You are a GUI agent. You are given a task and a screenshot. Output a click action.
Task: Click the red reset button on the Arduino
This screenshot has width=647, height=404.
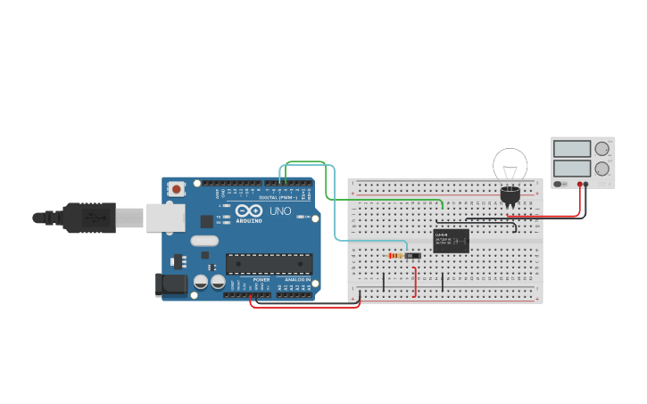pos(177,188)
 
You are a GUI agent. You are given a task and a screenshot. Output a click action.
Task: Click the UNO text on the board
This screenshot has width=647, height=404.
pos(280,211)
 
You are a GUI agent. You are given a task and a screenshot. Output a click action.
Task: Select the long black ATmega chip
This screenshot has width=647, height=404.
pos(270,264)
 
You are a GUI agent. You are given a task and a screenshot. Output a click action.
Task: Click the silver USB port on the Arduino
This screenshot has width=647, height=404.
pos(166,217)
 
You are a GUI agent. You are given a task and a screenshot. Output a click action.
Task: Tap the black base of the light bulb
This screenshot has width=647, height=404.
pos(510,195)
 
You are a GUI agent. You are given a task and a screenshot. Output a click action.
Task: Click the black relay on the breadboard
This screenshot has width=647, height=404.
pos(451,241)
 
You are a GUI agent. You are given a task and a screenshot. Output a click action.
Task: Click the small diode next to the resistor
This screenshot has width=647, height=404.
pos(412,256)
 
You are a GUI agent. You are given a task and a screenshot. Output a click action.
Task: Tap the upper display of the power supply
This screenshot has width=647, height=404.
pos(572,149)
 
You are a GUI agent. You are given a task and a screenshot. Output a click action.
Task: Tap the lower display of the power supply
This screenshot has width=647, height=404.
pos(572,168)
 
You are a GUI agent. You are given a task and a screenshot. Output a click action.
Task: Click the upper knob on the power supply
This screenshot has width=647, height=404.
pos(602,149)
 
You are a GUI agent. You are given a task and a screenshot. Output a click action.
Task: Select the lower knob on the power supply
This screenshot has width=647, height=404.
pos(602,168)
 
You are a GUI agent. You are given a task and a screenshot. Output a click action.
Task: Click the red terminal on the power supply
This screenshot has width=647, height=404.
pos(580,185)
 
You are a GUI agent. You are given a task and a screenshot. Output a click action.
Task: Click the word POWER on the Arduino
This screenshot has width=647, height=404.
pos(261,279)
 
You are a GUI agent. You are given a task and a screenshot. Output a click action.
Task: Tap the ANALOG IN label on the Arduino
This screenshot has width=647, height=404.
pos(296,279)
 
